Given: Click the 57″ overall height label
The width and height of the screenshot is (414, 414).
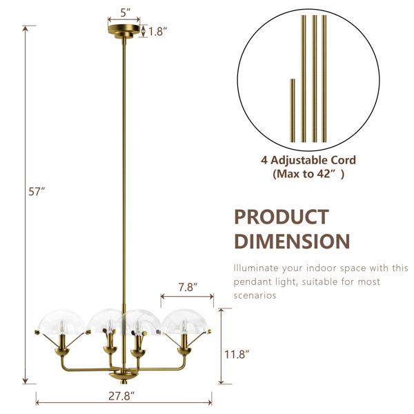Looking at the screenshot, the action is point(37,192).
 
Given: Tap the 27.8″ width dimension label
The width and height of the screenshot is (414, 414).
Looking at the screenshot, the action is point(121,396).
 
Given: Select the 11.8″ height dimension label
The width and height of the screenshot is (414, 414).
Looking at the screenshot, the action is point(237,355).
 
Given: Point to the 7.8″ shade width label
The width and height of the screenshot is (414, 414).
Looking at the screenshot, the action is point(188,287).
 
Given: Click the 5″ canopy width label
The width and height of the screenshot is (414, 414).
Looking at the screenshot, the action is point(126,12).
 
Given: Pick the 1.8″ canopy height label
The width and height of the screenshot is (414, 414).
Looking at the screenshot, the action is point(157,32).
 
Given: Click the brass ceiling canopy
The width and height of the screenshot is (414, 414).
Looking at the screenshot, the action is point(124,31).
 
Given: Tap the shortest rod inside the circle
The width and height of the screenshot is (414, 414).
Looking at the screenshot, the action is point(293,110).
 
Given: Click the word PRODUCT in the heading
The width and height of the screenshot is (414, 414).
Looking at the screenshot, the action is point(282,217).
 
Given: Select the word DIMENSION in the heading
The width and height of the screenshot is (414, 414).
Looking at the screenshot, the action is point(292,241).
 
